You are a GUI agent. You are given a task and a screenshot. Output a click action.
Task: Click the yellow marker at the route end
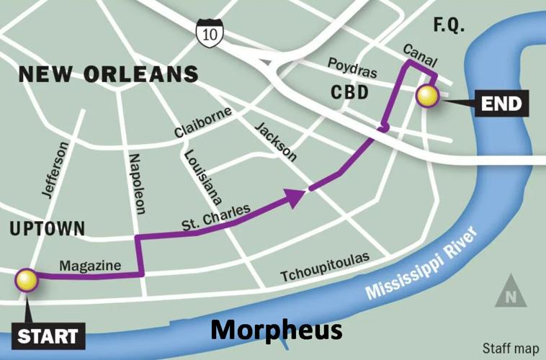(x=428, y=96)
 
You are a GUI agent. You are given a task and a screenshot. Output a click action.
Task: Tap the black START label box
(x=47, y=336)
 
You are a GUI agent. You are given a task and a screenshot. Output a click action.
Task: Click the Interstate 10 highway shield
(x=210, y=31)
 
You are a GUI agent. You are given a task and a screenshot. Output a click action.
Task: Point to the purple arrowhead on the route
(x=295, y=197)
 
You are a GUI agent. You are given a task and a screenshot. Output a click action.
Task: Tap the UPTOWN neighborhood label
(x=48, y=229)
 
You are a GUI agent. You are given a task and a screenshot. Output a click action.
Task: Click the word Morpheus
(x=276, y=330)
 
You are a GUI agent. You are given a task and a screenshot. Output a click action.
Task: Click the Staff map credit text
(x=510, y=346)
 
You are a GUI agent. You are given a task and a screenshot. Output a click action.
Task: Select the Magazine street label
(x=90, y=266)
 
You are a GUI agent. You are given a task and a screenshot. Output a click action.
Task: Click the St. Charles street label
(x=215, y=218)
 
